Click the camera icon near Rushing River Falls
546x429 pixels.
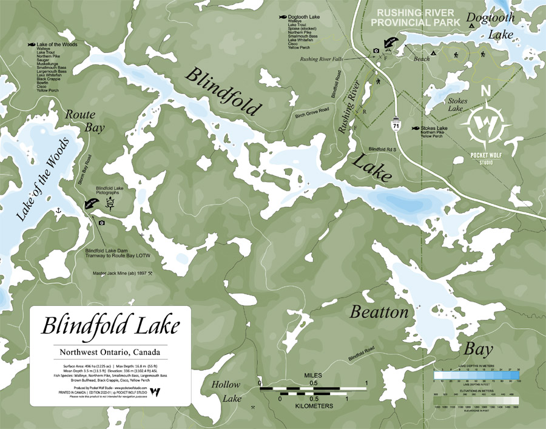coord(376,50)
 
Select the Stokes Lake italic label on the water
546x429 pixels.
coord(454,104)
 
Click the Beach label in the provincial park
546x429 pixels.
coord(421,59)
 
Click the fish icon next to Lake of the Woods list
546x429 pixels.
coord(32,44)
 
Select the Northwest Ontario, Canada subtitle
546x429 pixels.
coord(111,353)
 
